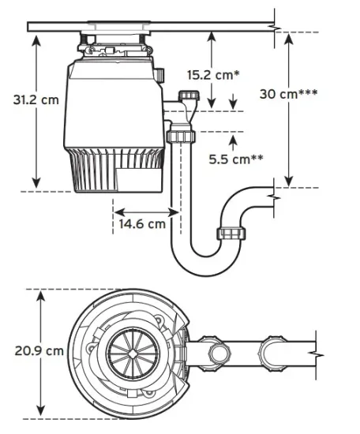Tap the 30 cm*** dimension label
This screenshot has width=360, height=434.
tap(289, 93)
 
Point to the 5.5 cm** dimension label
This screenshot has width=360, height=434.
tap(236, 159)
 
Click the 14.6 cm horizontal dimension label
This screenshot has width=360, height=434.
tap(142, 224)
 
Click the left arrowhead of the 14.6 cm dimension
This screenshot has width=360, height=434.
tap(116, 211)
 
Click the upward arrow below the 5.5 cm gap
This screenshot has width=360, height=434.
tap(233, 140)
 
